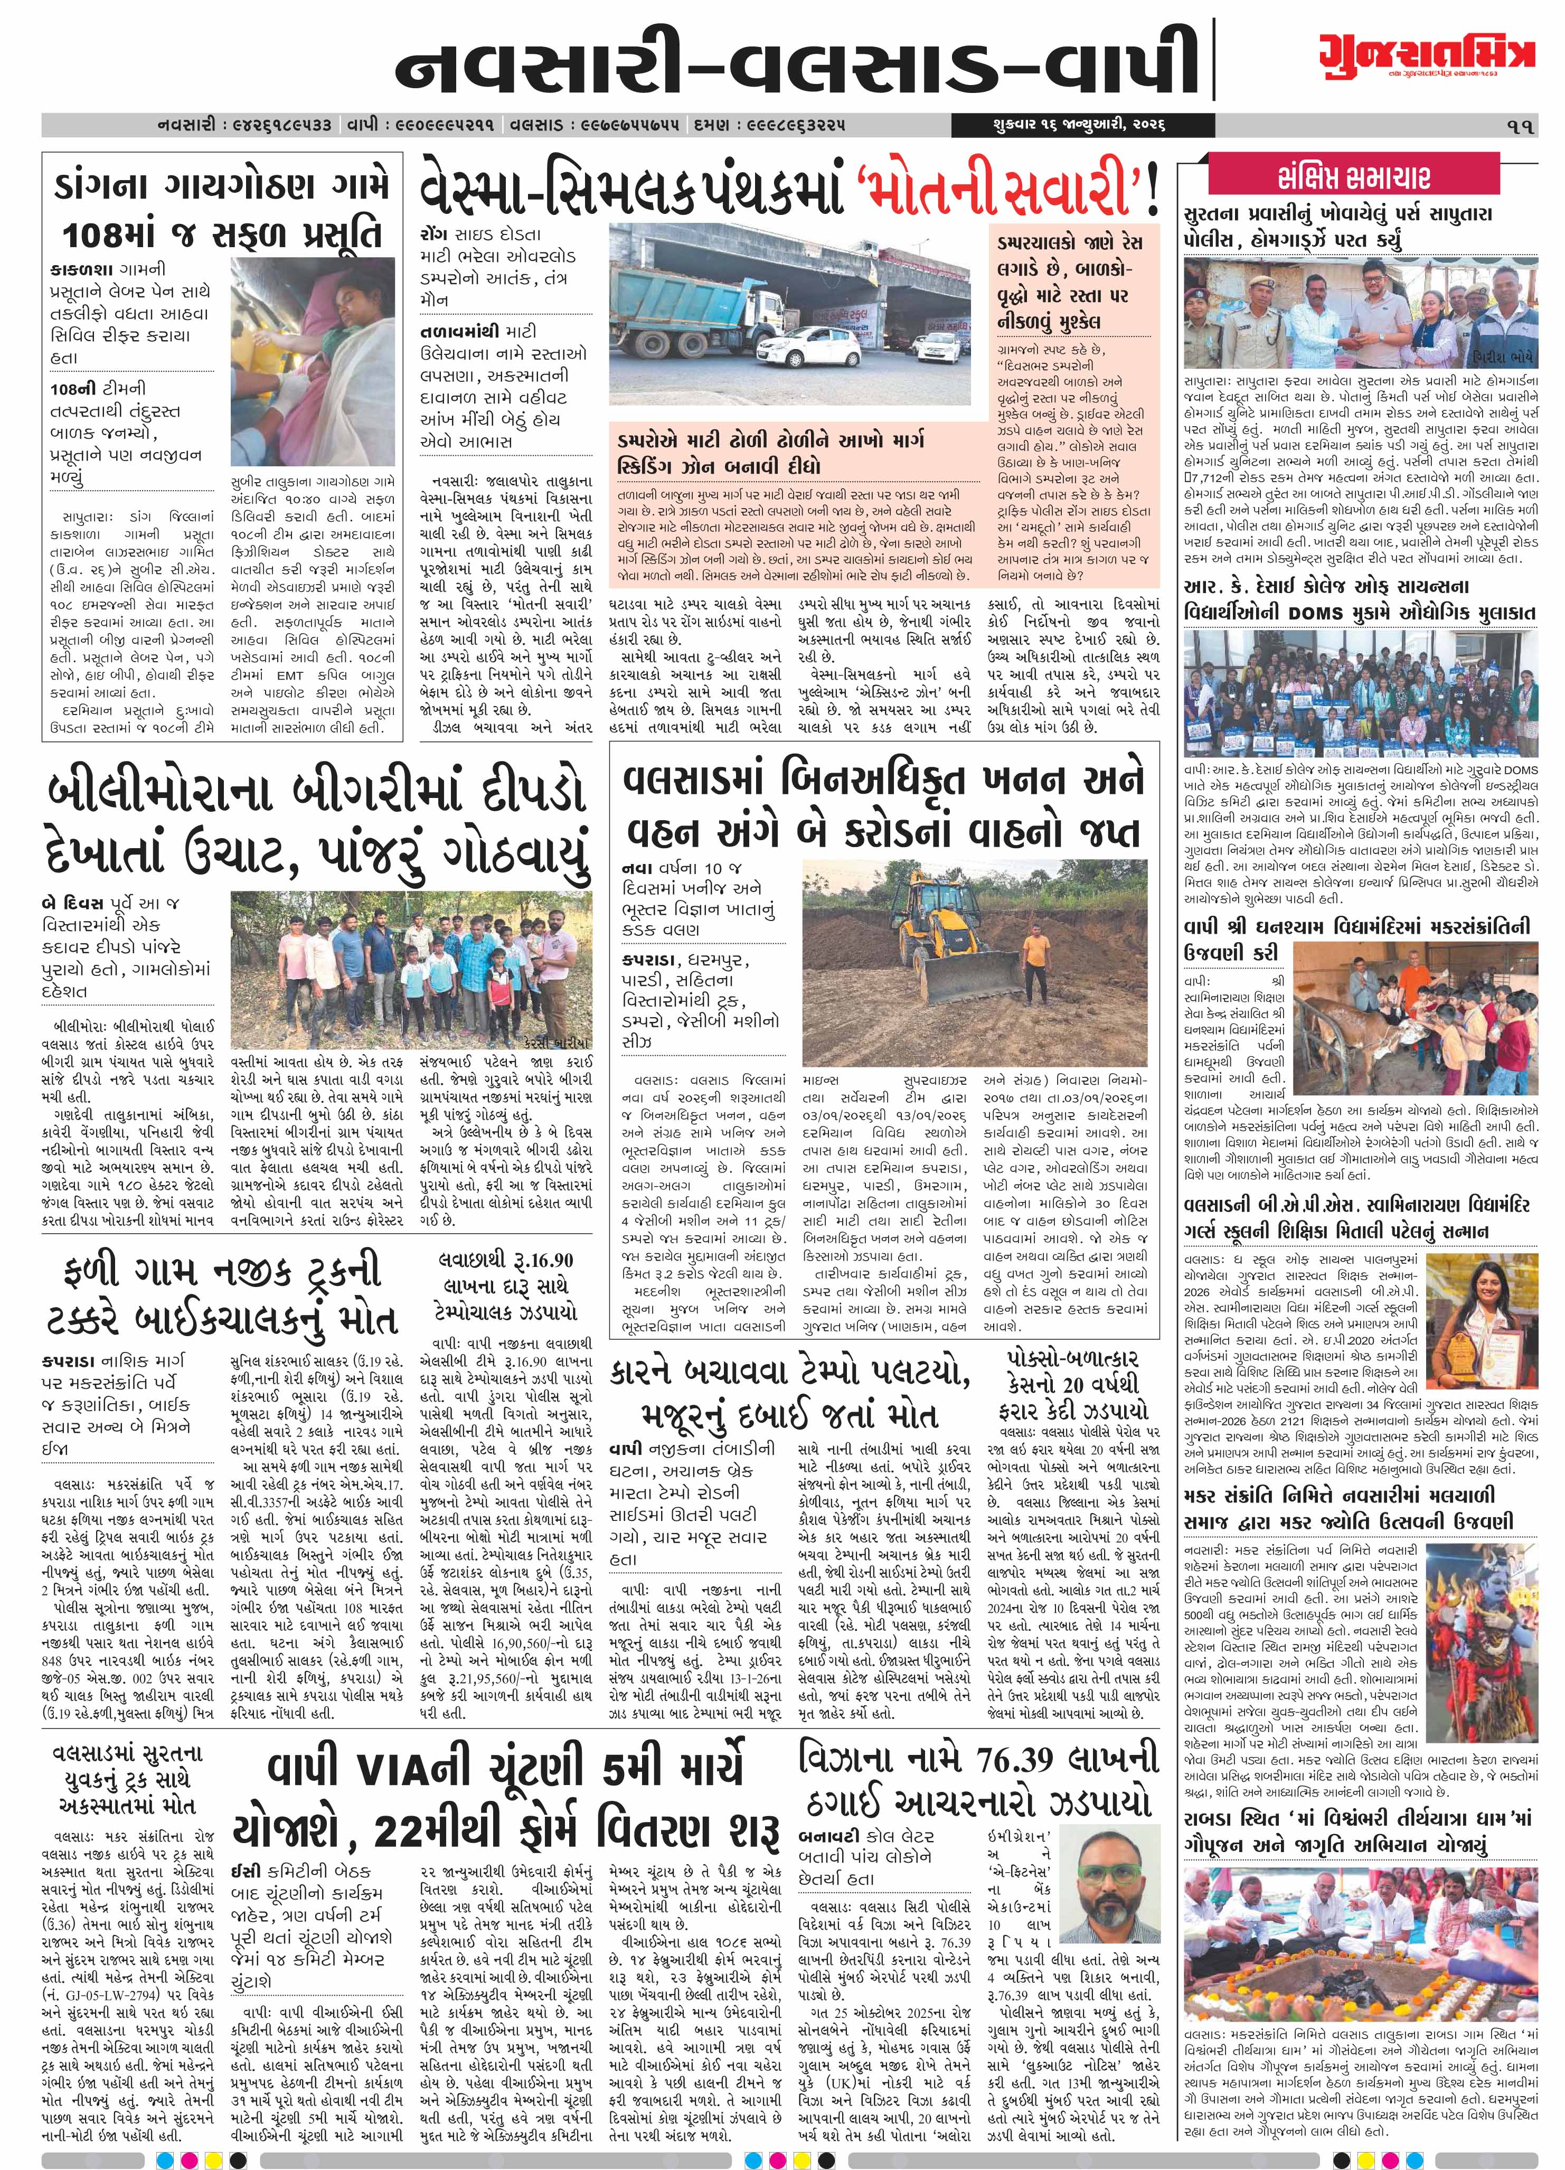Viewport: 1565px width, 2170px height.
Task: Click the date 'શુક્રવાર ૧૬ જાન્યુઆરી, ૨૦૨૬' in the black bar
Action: tap(1058, 125)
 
